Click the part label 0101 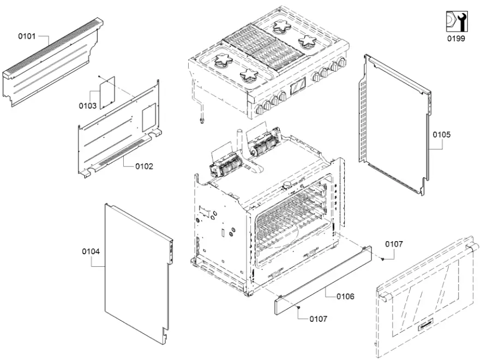[27, 37]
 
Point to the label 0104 [91, 251]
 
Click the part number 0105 [442, 134]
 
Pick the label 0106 [345, 296]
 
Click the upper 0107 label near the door [394, 244]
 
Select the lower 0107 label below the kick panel [318, 319]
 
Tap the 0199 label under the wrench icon [456, 39]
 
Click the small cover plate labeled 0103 [106, 92]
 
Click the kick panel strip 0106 [322, 279]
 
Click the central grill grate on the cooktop [266, 48]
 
